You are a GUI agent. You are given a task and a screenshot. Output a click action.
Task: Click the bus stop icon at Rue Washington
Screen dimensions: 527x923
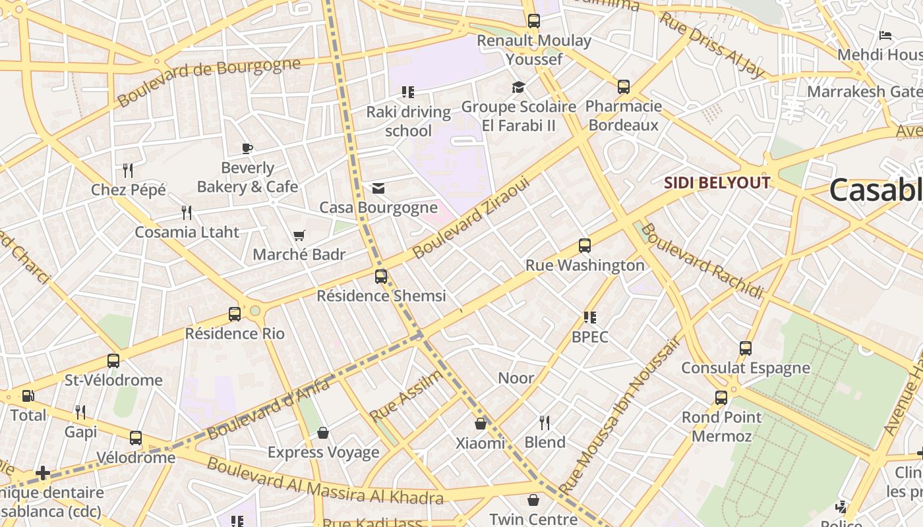(x=584, y=246)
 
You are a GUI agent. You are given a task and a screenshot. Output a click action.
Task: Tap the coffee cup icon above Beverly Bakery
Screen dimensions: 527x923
(x=247, y=148)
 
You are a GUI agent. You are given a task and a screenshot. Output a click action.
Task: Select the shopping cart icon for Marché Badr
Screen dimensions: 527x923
(x=299, y=235)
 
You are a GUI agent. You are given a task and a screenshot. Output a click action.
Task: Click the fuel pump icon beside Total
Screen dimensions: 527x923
(x=28, y=396)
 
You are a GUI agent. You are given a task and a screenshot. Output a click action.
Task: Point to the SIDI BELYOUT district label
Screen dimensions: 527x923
(x=717, y=182)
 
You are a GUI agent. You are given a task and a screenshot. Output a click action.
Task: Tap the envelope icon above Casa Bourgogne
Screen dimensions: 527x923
(x=378, y=188)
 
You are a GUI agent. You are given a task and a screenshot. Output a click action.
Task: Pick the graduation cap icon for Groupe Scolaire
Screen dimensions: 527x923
(x=518, y=87)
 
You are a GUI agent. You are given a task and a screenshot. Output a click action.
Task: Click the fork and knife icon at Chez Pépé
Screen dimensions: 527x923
(x=129, y=171)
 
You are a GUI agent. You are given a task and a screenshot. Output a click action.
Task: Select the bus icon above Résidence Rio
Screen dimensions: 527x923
(x=235, y=314)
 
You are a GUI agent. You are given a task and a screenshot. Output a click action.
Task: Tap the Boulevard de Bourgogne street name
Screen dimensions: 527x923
(x=208, y=82)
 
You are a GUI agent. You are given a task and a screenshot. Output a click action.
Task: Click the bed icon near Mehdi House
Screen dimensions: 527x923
(x=885, y=35)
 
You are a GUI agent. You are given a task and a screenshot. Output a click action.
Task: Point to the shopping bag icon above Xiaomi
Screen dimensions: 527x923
(x=481, y=424)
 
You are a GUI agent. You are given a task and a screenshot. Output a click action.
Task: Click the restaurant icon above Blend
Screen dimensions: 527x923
(x=545, y=422)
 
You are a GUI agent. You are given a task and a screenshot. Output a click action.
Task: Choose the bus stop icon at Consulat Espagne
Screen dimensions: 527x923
(x=746, y=348)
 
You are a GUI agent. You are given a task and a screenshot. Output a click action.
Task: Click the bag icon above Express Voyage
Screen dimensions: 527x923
(x=323, y=433)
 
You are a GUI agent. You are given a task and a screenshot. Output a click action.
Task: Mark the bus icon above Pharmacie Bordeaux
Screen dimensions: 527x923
(x=624, y=86)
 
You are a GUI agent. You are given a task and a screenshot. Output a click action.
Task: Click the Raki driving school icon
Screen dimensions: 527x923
(x=408, y=92)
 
